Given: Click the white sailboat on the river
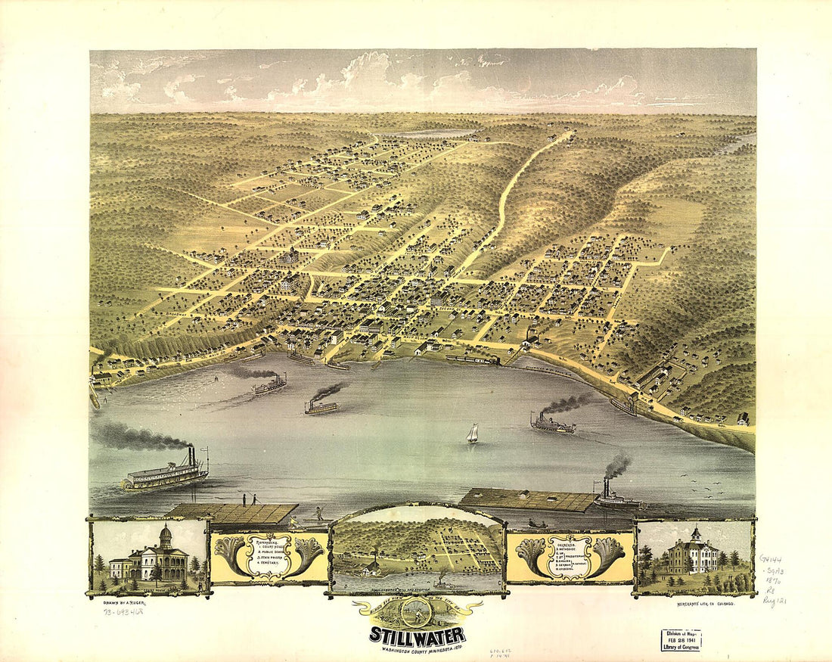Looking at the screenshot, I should [472, 434].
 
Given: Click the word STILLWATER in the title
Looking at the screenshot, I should [418, 635].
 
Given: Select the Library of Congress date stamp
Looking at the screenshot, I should [680, 640].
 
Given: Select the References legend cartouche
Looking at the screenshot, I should [269, 557].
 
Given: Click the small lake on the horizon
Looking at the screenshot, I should [424, 134].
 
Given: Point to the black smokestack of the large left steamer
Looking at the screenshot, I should [191, 455].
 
